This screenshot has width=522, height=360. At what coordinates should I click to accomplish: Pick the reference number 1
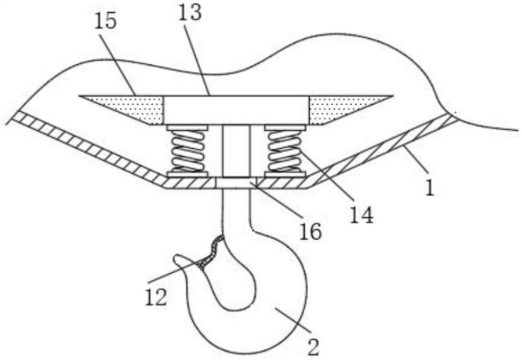429,190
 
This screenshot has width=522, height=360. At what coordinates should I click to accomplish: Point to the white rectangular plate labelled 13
237,110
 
